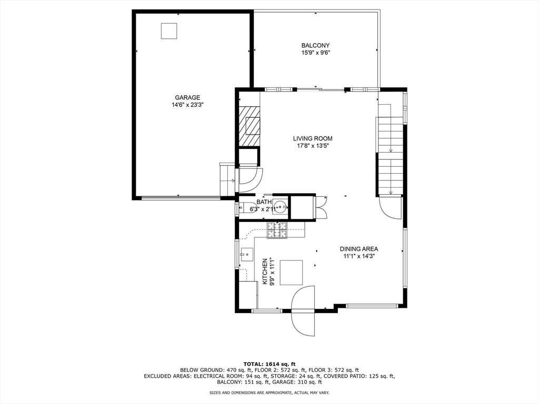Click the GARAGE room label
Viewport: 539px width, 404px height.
[x=187, y=97]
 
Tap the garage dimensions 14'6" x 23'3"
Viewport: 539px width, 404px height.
[x=187, y=105]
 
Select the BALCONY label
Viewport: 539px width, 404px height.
[x=315, y=45]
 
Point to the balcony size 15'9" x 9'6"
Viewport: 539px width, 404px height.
[x=315, y=53]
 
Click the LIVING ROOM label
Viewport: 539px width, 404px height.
[x=313, y=139]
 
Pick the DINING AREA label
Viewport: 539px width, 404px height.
[x=358, y=249]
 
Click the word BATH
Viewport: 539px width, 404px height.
[x=264, y=202]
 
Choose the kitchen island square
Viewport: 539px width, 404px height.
[x=291, y=272]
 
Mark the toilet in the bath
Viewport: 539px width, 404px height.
[x=243, y=207]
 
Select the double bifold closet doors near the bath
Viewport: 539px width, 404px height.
[x=321, y=207]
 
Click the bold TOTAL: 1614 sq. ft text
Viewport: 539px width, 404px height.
[x=269, y=363]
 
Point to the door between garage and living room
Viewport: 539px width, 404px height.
[x=246, y=178]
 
